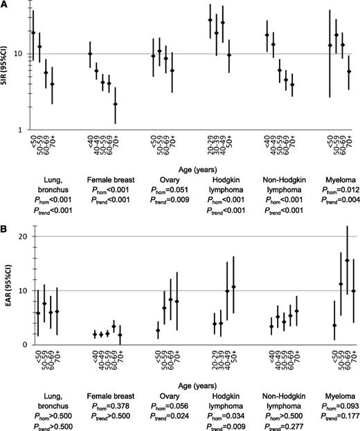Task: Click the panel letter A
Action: pyautogui.click(x=5, y=6)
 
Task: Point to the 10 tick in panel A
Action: pyautogui.click(x=20, y=54)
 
